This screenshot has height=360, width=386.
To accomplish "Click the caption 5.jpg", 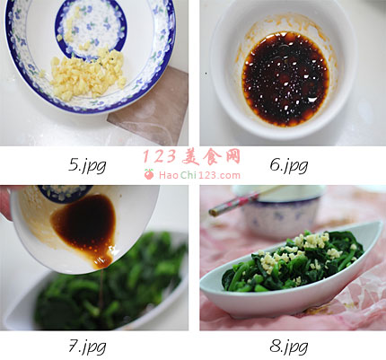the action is pyautogui.click(x=87, y=165).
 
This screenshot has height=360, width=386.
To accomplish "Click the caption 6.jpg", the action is pyautogui.click(x=289, y=165).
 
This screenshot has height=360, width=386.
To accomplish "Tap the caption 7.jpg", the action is pyautogui.click(x=87, y=347).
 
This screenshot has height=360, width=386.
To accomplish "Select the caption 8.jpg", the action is pyautogui.click(x=289, y=347).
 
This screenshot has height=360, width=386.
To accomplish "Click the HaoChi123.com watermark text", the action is pyautogui.click(x=199, y=175).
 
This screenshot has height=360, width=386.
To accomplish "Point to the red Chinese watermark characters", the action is pyautogui.click(x=191, y=156).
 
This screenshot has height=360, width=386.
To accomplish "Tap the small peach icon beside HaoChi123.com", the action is pyautogui.click(x=149, y=174).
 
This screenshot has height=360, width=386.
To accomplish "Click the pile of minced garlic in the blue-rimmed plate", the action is pyautogui.click(x=88, y=74).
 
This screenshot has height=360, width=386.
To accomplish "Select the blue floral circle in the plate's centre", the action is pyautogui.click(x=91, y=30).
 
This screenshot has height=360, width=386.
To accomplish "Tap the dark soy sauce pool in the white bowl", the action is pyautogui.click(x=285, y=78).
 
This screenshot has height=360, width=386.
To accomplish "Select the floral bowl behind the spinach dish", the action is pyautogui.click(x=280, y=213).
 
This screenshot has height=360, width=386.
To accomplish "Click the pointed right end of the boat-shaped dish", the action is pyautogui.click(x=382, y=223).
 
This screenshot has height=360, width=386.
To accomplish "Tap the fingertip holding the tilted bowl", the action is pyautogui.click(x=4, y=204).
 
